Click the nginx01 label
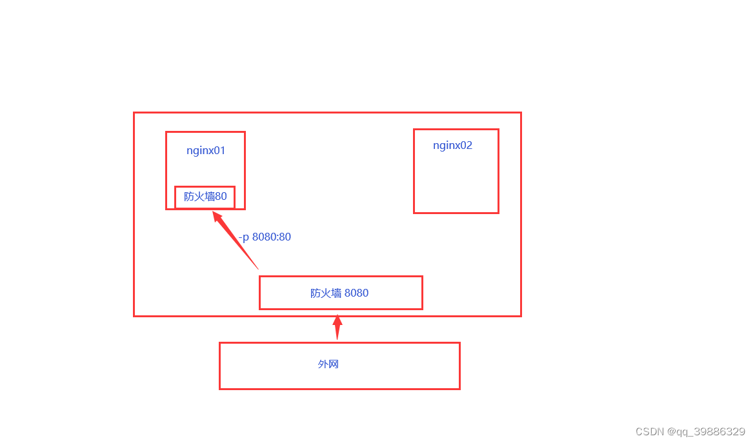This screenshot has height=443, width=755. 206,151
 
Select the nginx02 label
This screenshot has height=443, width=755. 452,145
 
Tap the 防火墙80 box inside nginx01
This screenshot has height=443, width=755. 205,197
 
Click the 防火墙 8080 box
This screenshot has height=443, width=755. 340,293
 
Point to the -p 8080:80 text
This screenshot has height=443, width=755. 265,237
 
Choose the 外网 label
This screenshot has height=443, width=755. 328,364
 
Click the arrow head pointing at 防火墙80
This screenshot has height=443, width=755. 218,216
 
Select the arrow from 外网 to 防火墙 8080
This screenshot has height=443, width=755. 337,328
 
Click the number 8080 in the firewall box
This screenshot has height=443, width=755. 356,293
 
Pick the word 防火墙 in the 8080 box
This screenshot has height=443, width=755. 325,293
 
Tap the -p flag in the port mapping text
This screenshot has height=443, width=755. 243,237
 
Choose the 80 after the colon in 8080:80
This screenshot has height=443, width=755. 285,237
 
